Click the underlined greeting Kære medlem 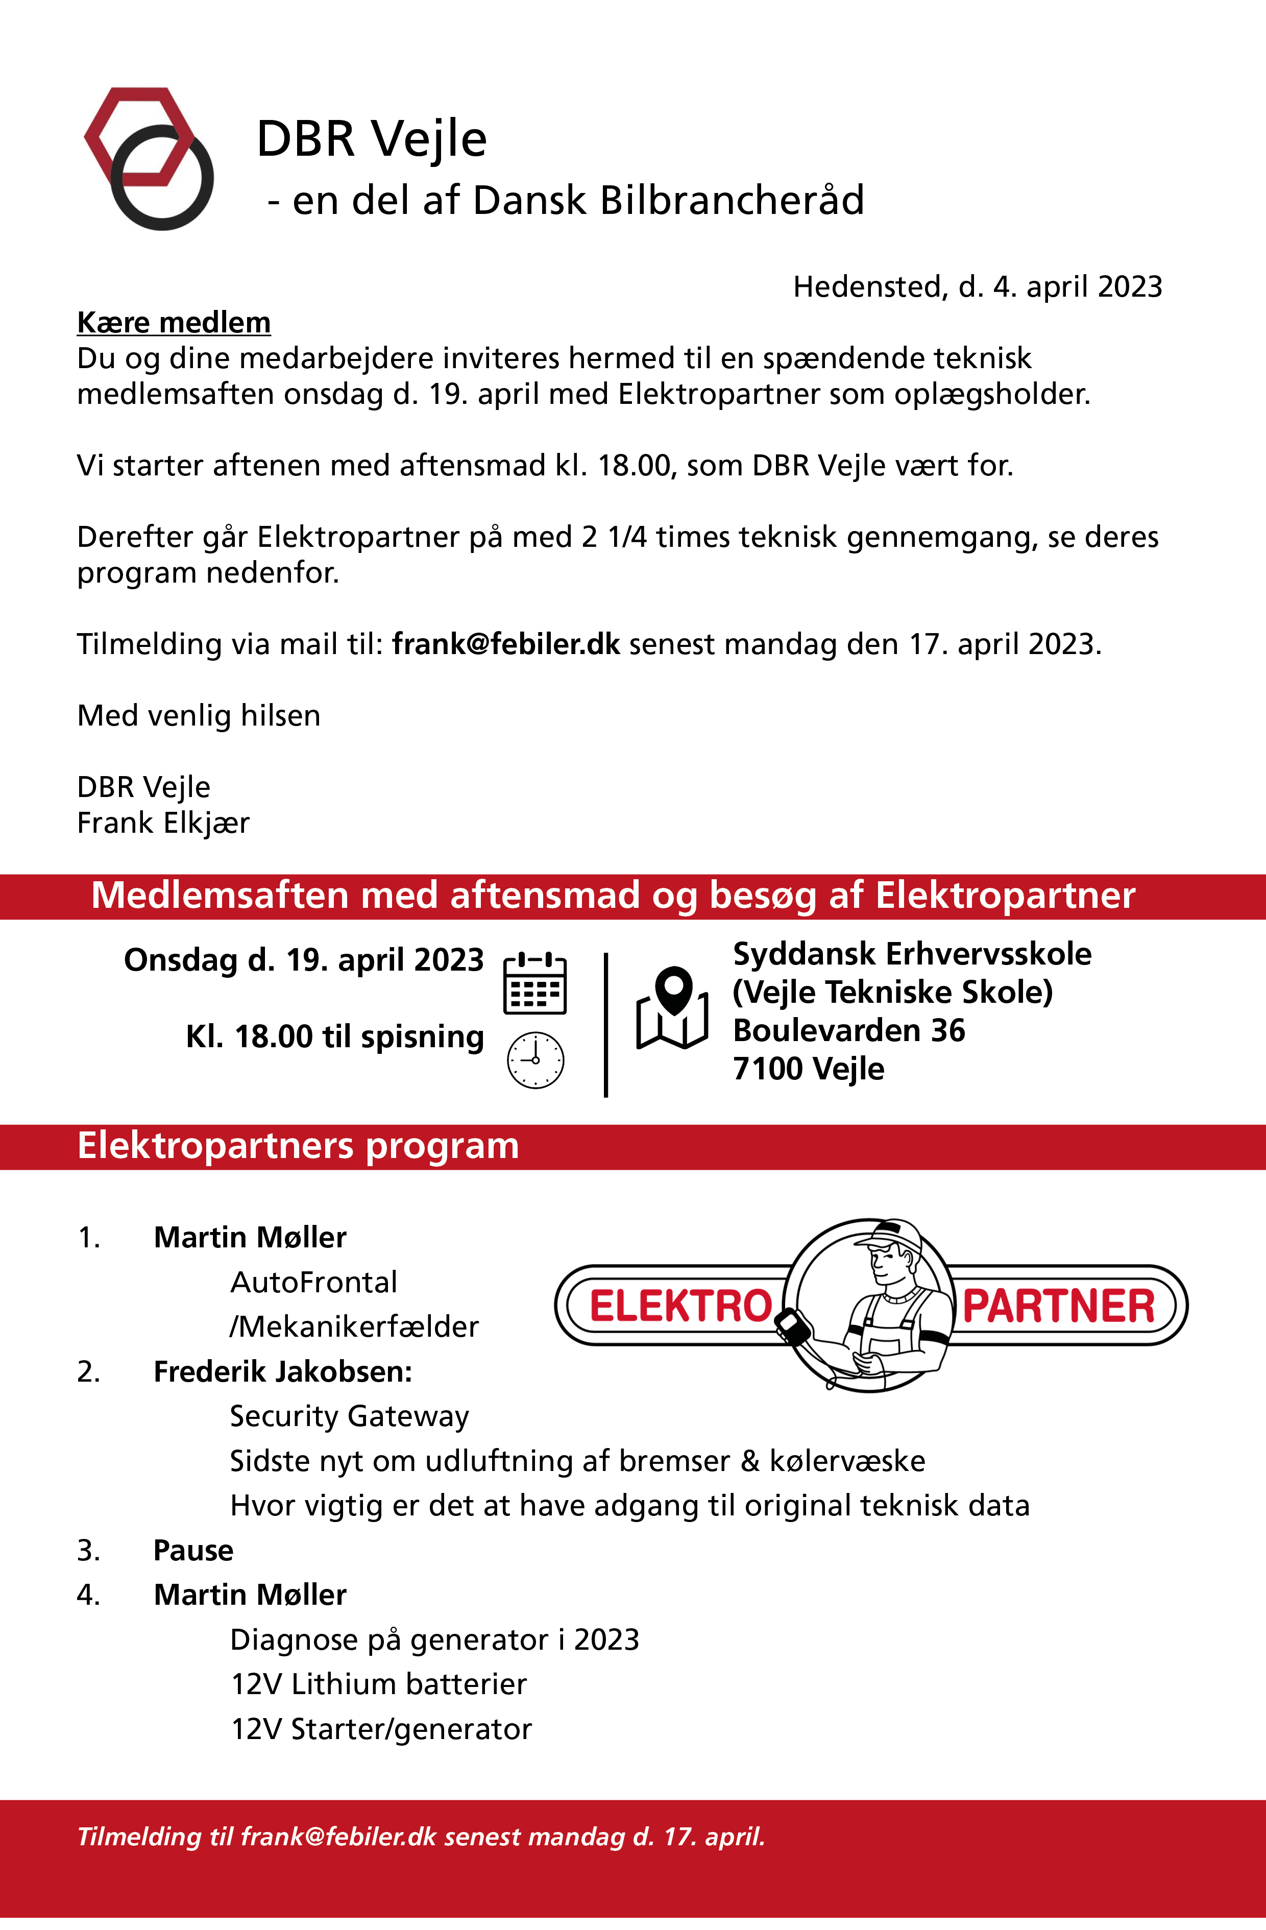(x=174, y=323)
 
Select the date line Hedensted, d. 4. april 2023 (x=977, y=287)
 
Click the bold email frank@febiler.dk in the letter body (x=506, y=645)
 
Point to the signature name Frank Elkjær (x=163, y=823)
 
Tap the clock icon (x=535, y=1060)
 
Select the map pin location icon (x=672, y=1008)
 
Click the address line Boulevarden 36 (x=849, y=1031)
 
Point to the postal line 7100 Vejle (x=809, y=1069)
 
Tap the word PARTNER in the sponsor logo (x=1058, y=1307)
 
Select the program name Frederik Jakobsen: (x=283, y=1372)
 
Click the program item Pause (x=193, y=1551)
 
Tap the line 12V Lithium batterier (x=379, y=1684)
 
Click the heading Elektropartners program (x=298, y=1146)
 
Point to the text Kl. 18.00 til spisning (x=335, y=1037)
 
